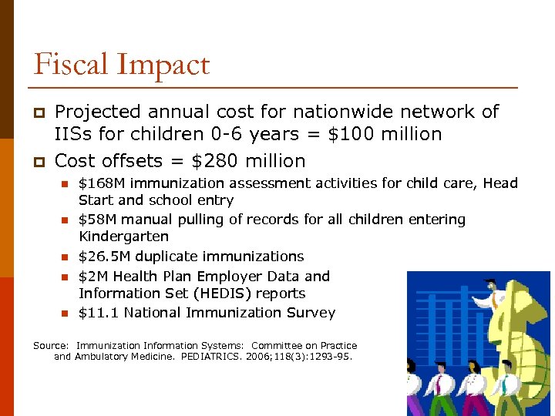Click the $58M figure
click(98, 220)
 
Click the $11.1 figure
click(99, 312)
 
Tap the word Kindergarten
click(123, 237)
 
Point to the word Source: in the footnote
click(52, 346)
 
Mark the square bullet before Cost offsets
click(38, 162)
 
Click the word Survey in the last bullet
click(308, 312)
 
